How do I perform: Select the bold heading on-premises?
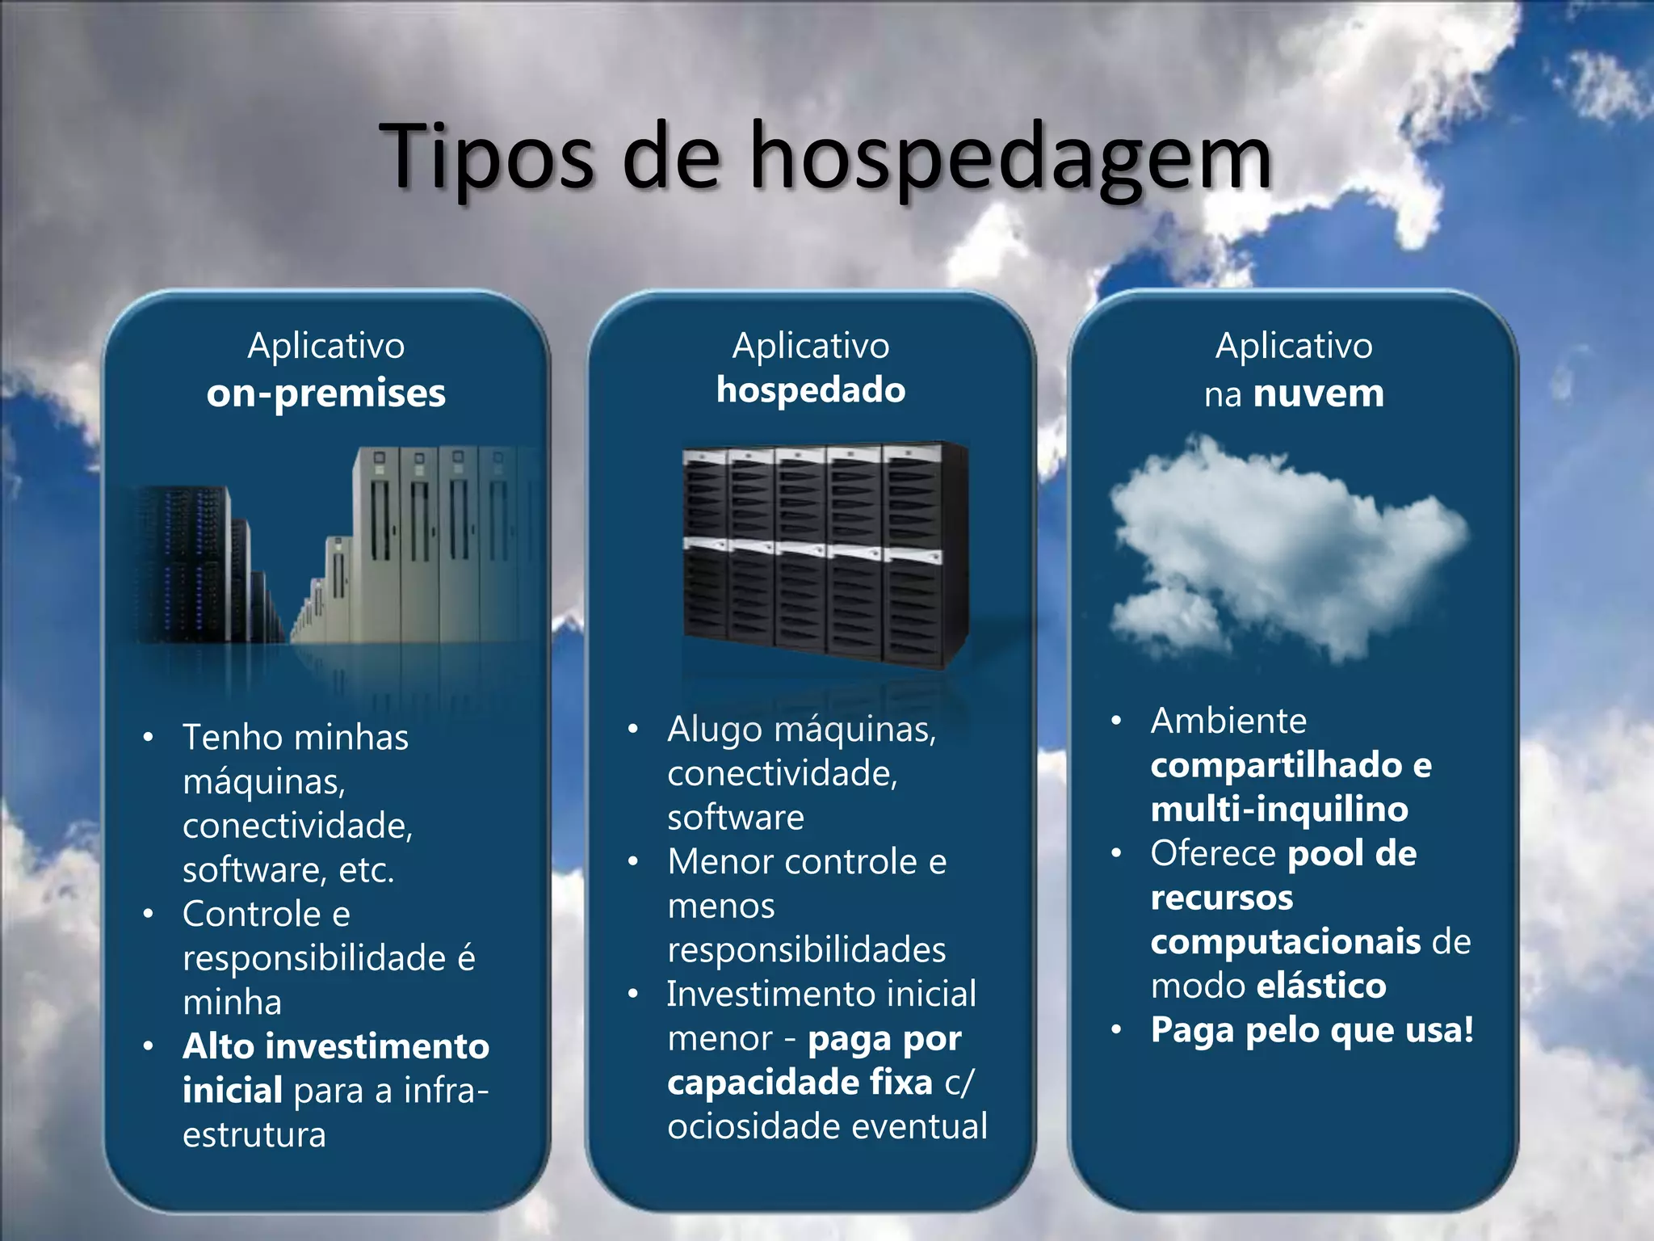[325, 393]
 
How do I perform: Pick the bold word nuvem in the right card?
[1319, 393]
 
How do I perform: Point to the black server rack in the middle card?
[824, 553]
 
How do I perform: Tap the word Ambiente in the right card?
[1228, 721]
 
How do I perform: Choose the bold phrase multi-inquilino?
[1279, 810]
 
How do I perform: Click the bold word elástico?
[1321, 986]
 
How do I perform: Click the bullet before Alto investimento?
[148, 1047]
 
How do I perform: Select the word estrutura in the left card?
[254, 1135]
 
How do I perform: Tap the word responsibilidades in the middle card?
[806, 950]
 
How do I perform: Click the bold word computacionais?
[1285, 942]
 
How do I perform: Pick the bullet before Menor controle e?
[633, 862]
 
